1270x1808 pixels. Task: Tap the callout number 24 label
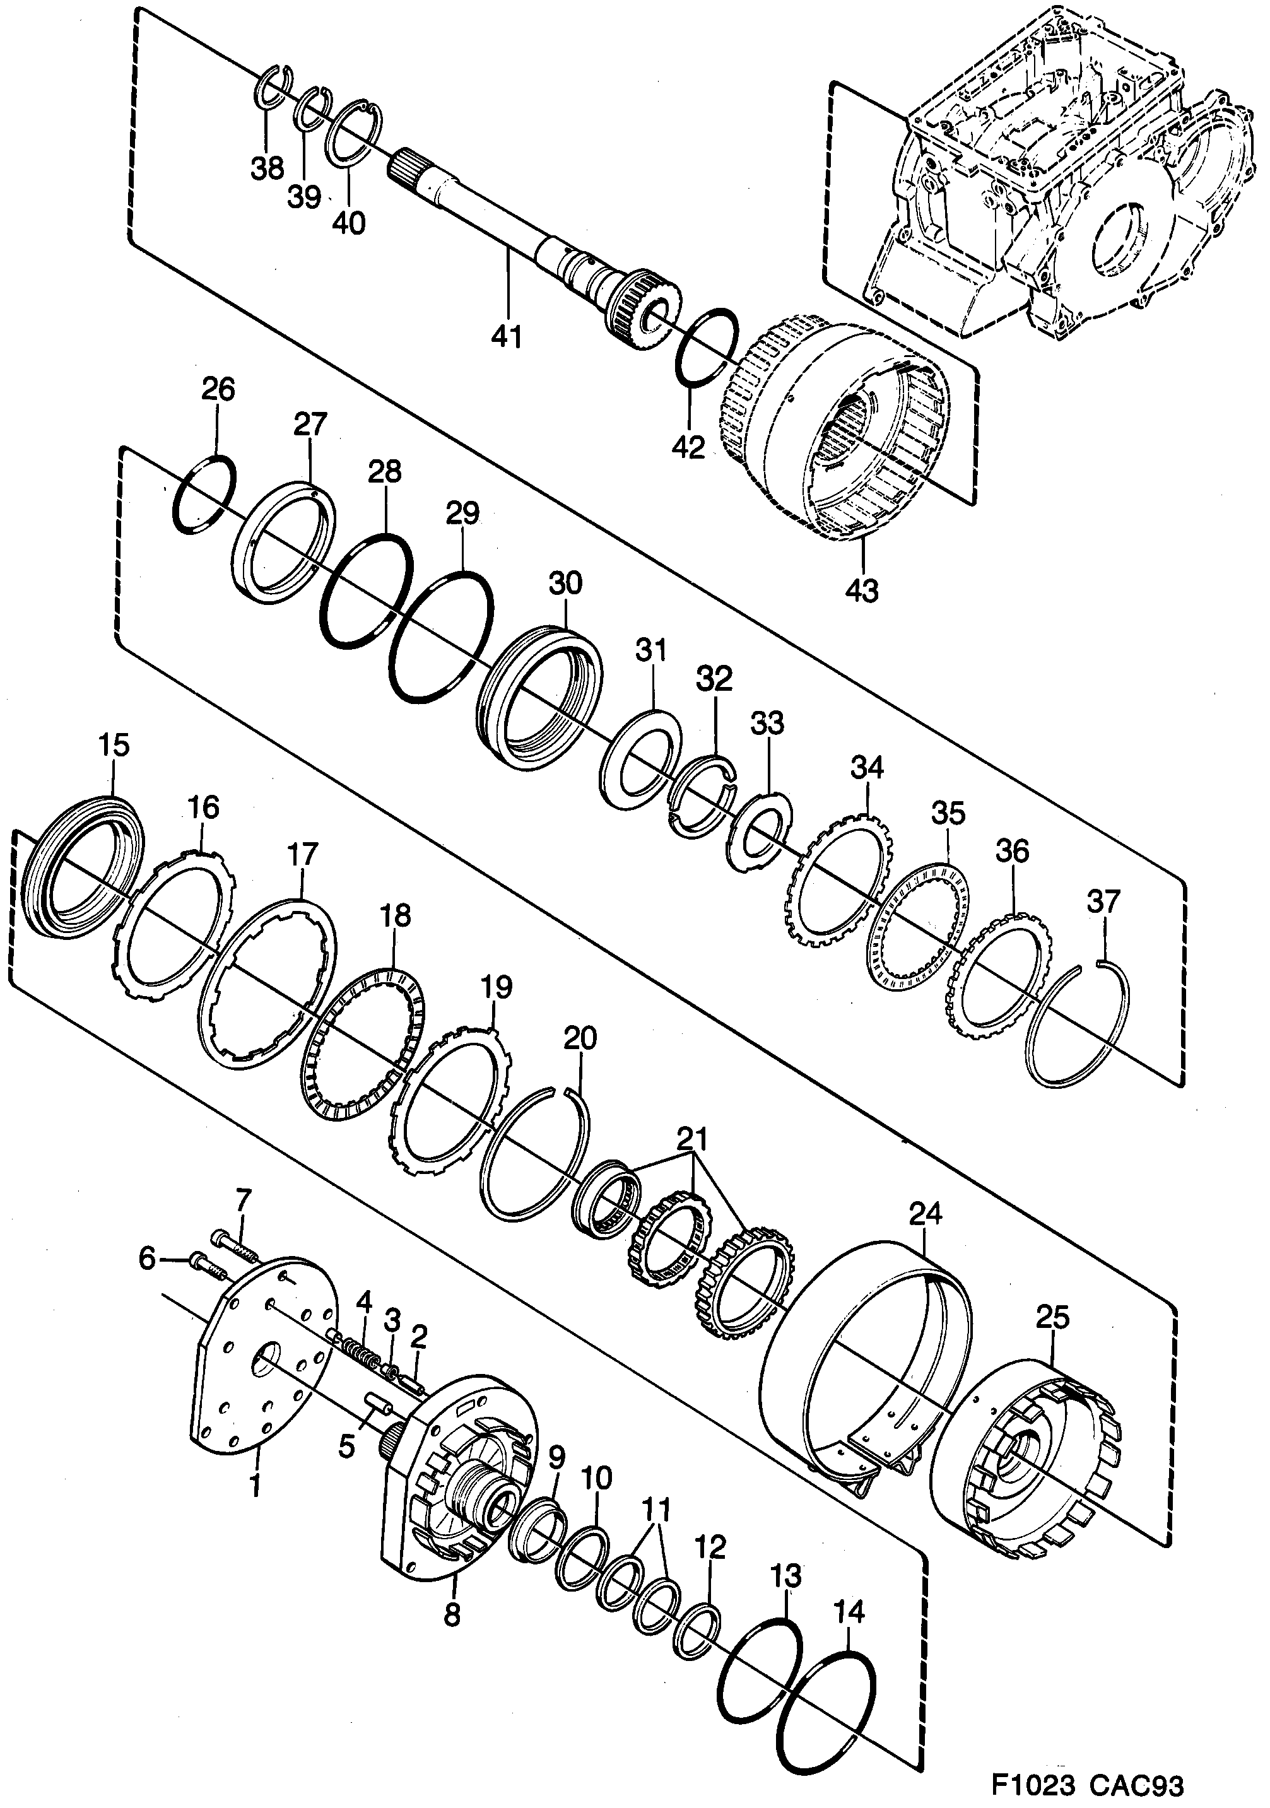(x=925, y=1214)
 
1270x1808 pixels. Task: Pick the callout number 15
(x=114, y=745)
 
